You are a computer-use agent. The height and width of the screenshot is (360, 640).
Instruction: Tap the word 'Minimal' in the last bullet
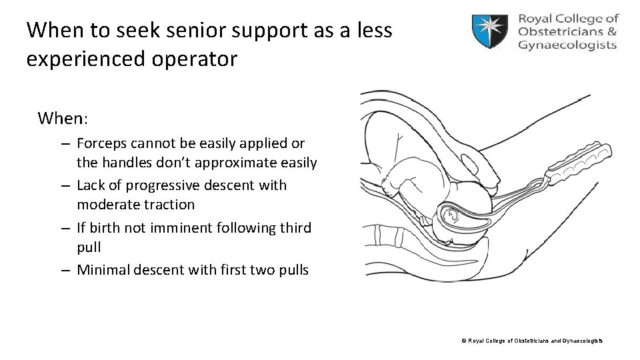pos(104,271)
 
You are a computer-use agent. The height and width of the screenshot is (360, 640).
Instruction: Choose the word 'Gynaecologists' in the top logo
pos(567,45)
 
